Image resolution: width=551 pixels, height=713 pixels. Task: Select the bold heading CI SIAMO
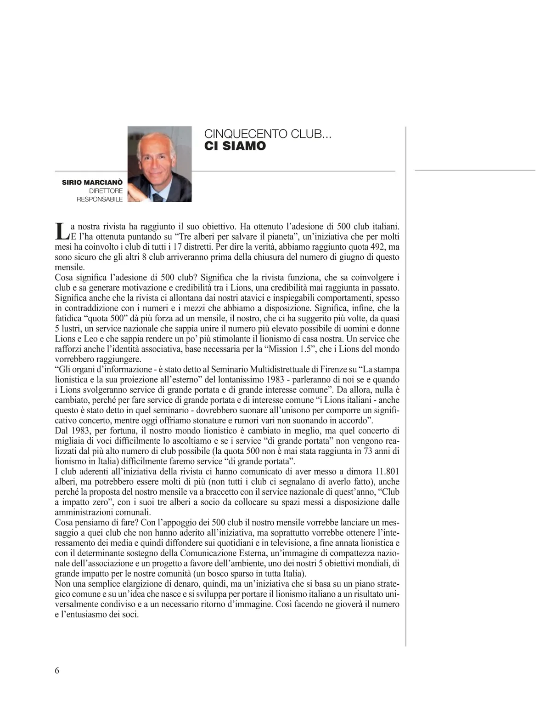[235, 146]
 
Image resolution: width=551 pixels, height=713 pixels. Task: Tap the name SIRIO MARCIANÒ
[92, 183]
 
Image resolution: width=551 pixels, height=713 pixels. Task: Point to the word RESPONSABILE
[100, 199]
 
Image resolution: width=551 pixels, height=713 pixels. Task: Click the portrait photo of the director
[159, 164]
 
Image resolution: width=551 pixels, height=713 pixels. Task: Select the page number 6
[57, 670]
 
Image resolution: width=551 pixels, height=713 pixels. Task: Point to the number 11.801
[387, 471]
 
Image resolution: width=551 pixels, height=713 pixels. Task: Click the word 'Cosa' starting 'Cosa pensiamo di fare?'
[64, 522]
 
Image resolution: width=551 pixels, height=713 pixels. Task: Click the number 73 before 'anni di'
[368, 451]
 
